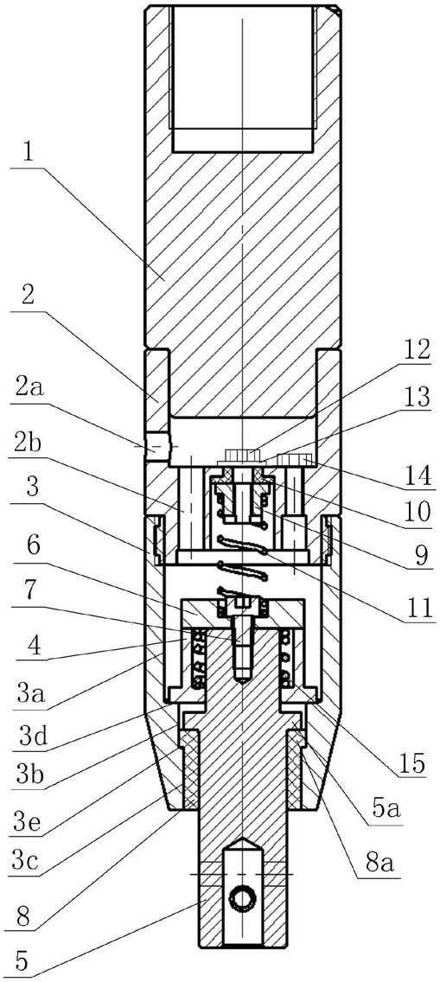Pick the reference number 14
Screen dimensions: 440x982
point(416,475)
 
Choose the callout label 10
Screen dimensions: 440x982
point(416,513)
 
